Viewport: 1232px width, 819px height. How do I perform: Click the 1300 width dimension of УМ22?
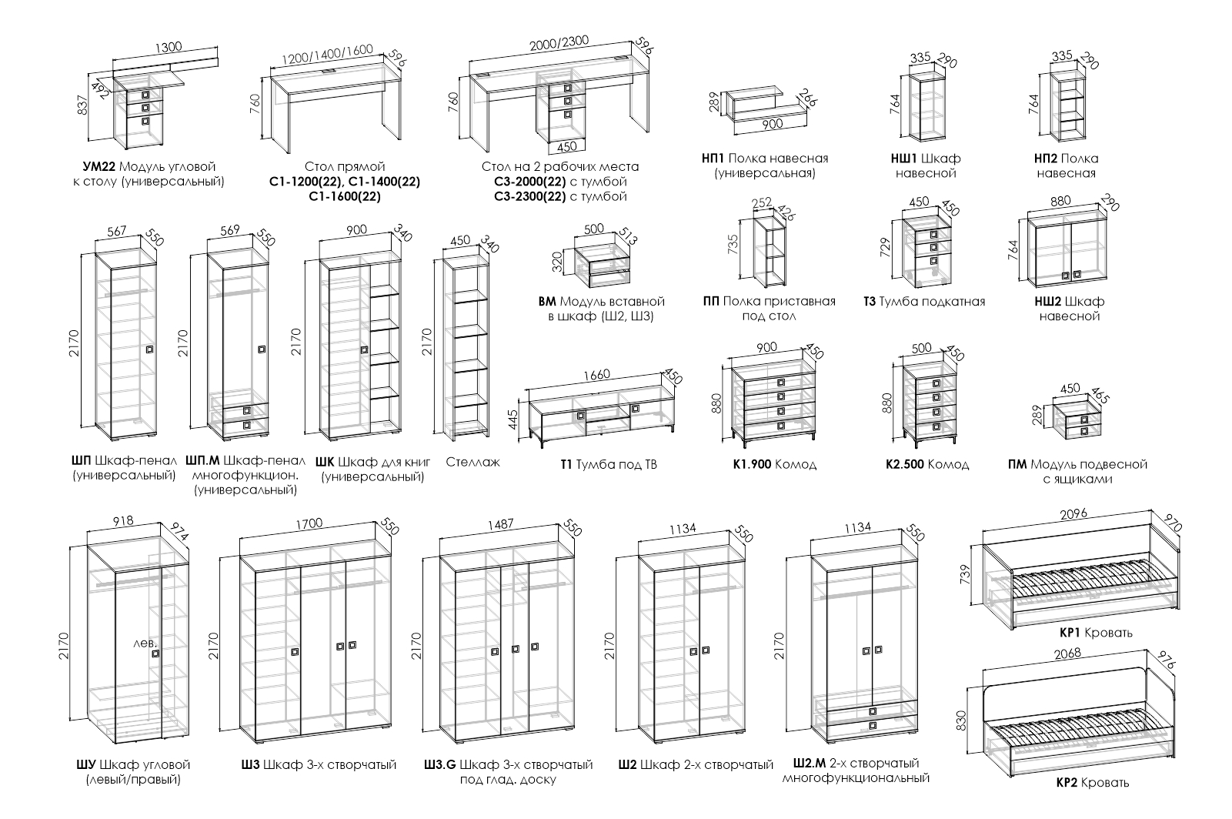[x=168, y=47]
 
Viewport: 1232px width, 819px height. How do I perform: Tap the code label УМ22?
[x=98, y=166]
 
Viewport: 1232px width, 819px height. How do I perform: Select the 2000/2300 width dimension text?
[x=559, y=43]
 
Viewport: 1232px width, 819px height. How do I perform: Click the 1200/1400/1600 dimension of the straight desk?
[x=327, y=55]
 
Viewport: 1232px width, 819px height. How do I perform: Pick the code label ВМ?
[x=546, y=301]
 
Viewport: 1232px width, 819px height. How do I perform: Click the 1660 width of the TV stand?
[x=596, y=375]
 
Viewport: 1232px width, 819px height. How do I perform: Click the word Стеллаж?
[x=472, y=463]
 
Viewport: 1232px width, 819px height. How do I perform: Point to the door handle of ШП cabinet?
[x=150, y=350]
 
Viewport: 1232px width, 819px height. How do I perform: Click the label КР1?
[x=1072, y=633]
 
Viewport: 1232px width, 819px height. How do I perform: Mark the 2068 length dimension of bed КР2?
[x=1065, y=653]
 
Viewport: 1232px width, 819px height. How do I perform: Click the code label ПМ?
[x=1017, y=464]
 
